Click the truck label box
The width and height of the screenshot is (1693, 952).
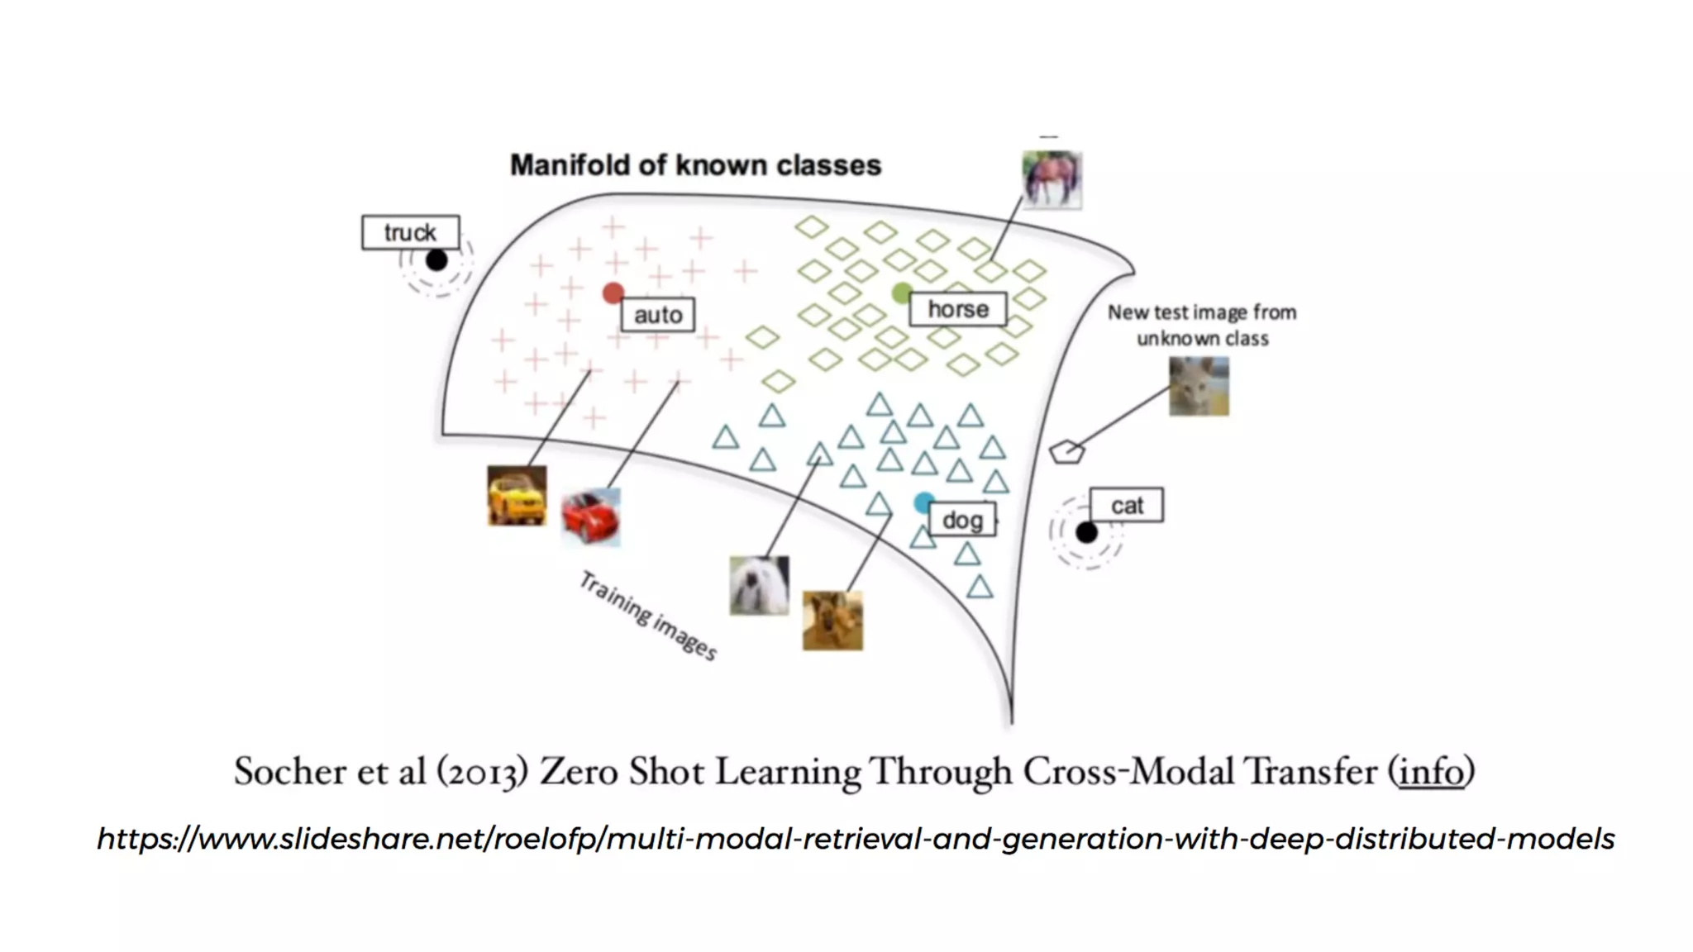coord(410,232)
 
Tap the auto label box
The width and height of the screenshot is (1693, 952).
coord(658,315)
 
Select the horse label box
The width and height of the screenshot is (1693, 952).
coord(958,309)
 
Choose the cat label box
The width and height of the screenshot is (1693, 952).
coord(1127,505)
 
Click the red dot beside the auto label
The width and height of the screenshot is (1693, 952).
coord(613,293)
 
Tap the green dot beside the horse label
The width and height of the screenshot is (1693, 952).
coord(902,292)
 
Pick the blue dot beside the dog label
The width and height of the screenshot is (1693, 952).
coord(923,502)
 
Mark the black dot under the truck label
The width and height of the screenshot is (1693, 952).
coord(436,260)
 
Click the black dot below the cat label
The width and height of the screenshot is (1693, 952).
coord(1086,533)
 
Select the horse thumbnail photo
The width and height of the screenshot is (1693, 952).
coord(1052,179)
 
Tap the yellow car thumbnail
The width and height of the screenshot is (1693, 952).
coord(517,496)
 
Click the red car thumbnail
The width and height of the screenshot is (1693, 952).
coord(590,517)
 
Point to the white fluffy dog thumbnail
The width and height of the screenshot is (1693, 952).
coord(759,585)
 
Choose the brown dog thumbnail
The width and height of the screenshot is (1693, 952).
coord(832,621)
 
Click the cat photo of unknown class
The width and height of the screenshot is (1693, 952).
coord(1199,386)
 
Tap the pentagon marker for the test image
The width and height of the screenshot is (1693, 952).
coord(1066,452)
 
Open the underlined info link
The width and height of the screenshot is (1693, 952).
coord(1431,772)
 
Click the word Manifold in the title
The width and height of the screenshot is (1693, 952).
coord(570,165)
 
